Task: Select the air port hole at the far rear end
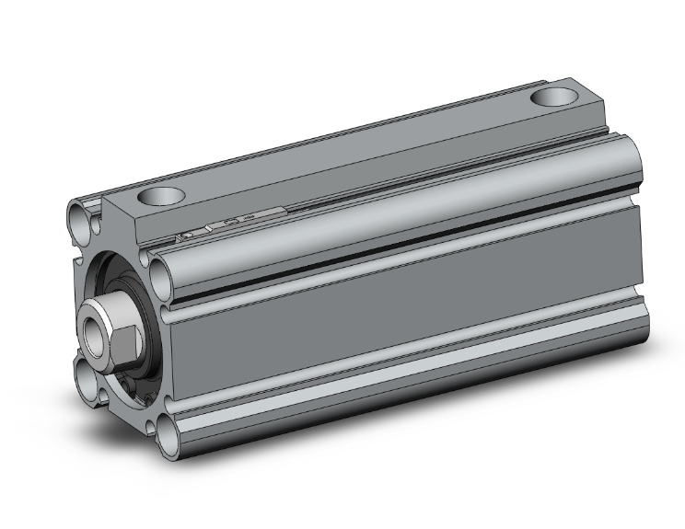point(556,97)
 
